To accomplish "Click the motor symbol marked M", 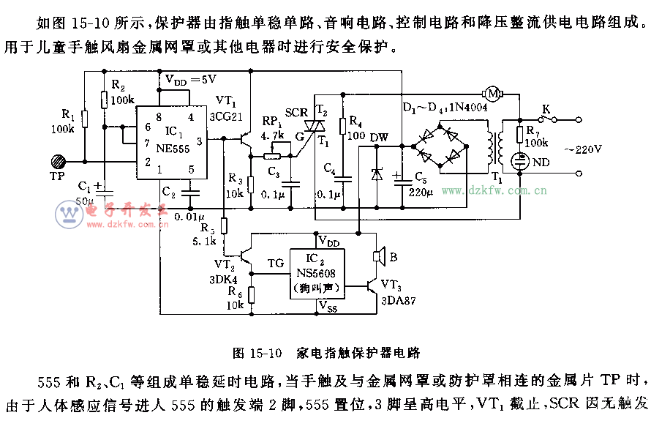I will click(493, 93).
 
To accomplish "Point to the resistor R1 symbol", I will click(84, 119).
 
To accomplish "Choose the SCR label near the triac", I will click(296, 112).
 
